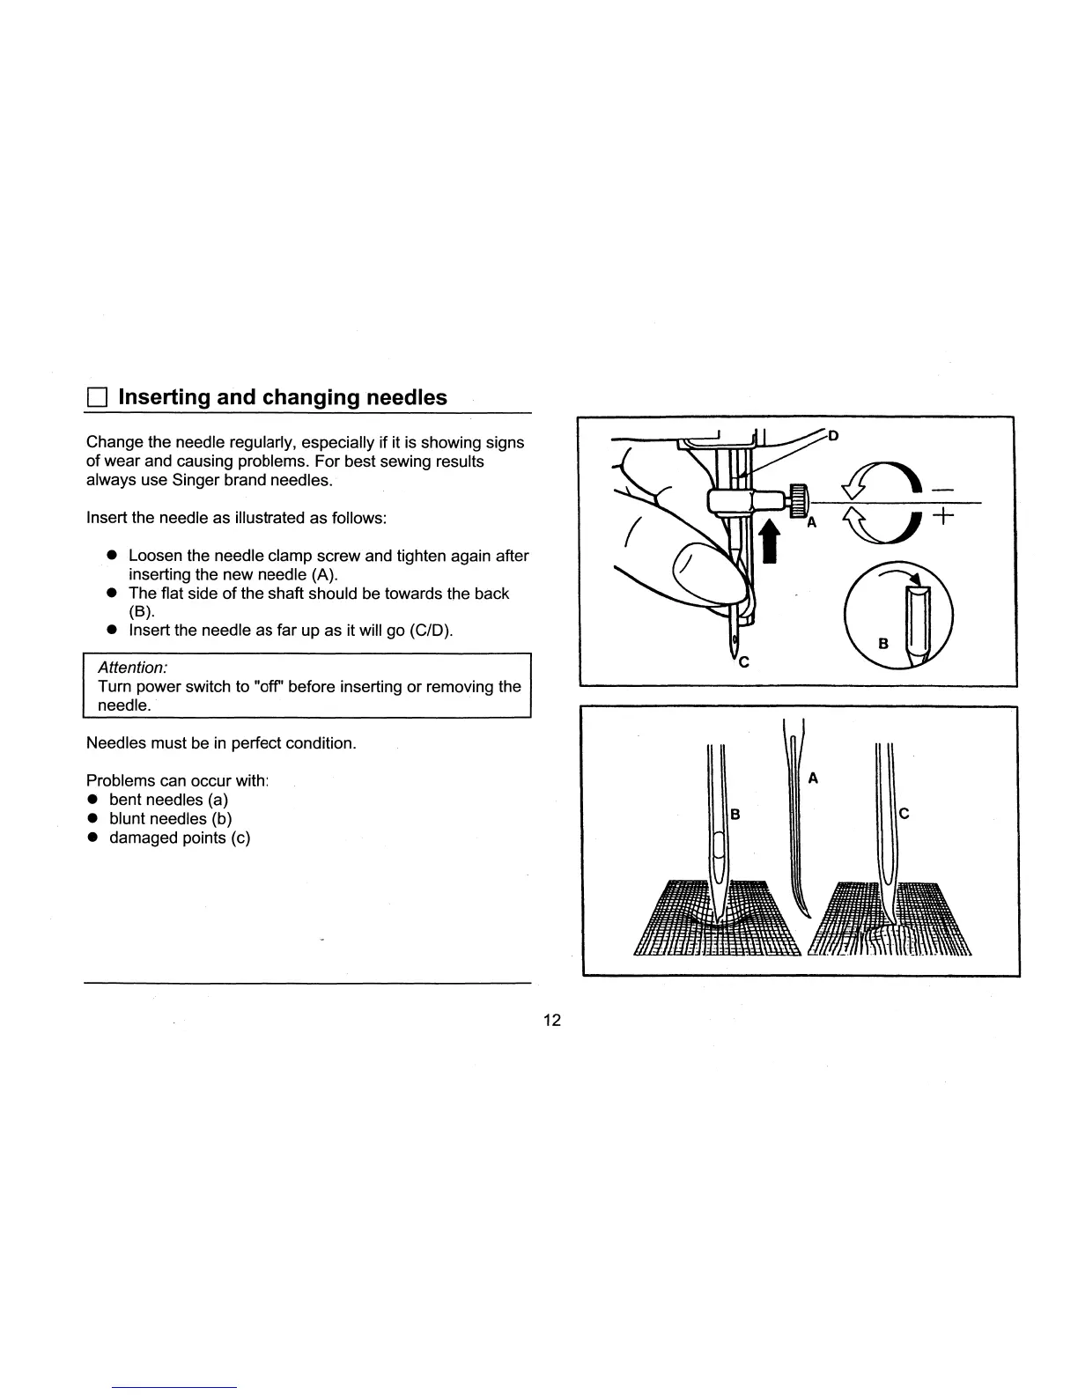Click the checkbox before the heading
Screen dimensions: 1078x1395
pyautogui.click(x=96, y=398)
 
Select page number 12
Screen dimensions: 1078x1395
pyautogui.click(x=552, y=1020)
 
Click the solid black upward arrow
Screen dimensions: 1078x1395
pyautogui.click(x=770, y=540)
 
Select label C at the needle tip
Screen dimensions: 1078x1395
pyautogui.click(x=744, y=661)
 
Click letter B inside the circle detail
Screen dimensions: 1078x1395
pyautogui.click(x=884, y=644)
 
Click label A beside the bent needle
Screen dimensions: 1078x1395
pyautogui.click(x=814, y=778)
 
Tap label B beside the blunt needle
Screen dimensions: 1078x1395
pyautogui.click(x=736, y=815)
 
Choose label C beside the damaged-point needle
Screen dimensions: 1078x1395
pyautogui.click(x=904, y=815)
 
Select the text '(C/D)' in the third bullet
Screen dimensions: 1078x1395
pyautogui.click(x=432, y=631)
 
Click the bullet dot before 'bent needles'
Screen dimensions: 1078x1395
pyautogui.click(x=92, y=800)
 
